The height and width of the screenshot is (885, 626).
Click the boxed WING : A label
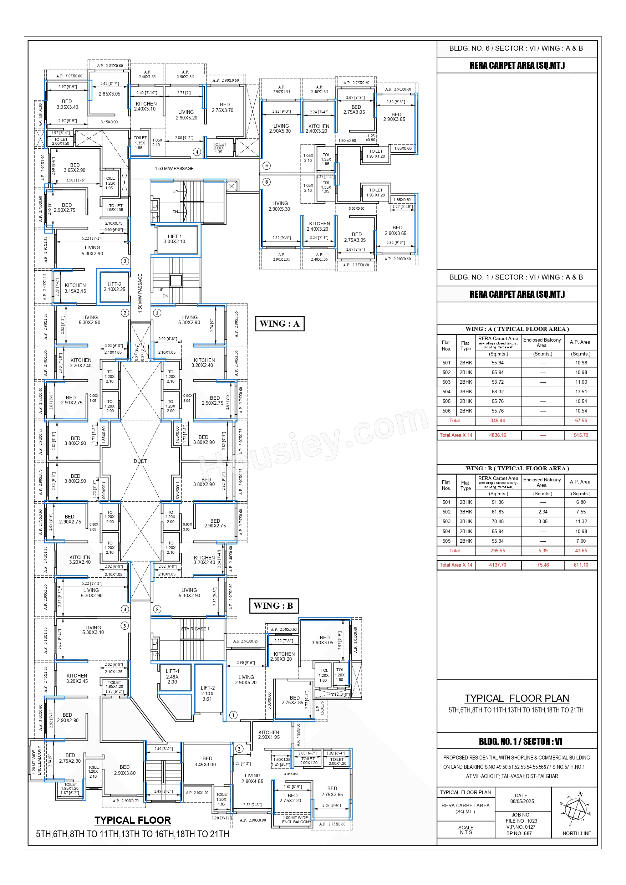point(280,323)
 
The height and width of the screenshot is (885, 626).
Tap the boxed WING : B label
point(274,605)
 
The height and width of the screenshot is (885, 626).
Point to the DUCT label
point(141,461)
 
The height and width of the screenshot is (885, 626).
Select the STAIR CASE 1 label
point(195,629)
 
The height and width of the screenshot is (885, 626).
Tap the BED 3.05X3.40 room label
point(67,104)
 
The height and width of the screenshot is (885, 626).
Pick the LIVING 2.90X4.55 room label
point(252,778)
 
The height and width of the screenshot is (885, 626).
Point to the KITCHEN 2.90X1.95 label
point(269,735)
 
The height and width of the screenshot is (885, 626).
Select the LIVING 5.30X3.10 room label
point(93,630)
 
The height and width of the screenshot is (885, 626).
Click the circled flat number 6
point(266,182)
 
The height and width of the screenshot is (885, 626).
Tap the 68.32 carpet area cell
point(498,392)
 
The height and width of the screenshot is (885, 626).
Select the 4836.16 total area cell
point(498,435)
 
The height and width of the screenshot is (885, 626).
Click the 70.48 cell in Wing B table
point(498,522)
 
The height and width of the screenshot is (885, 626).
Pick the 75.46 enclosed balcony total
point(543,565)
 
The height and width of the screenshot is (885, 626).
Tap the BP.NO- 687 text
point(521,833)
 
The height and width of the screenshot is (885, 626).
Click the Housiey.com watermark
point(312,443)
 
